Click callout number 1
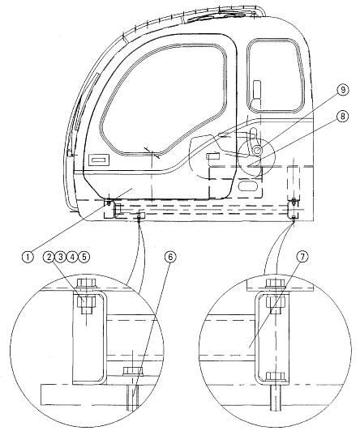(x=28, y=257)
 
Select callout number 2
(x=49, y=257)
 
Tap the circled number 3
(x=60, y=257)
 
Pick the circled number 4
(x=72, y=257)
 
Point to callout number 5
(x=84, y=257)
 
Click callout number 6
(x=170, y=257)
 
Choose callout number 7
(x=302, y=257)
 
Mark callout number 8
(x=342, y=116)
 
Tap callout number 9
(x=342, y=90)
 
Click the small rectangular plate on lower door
(x=99, y=160)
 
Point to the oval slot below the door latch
(x=247, y=186)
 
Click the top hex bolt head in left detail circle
(x=86, y=284)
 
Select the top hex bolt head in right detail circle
(x=276, y=283)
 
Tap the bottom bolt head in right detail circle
(x=276, y=376)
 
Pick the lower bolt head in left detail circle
(x=133, y=371)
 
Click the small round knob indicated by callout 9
(x=257, y=150)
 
